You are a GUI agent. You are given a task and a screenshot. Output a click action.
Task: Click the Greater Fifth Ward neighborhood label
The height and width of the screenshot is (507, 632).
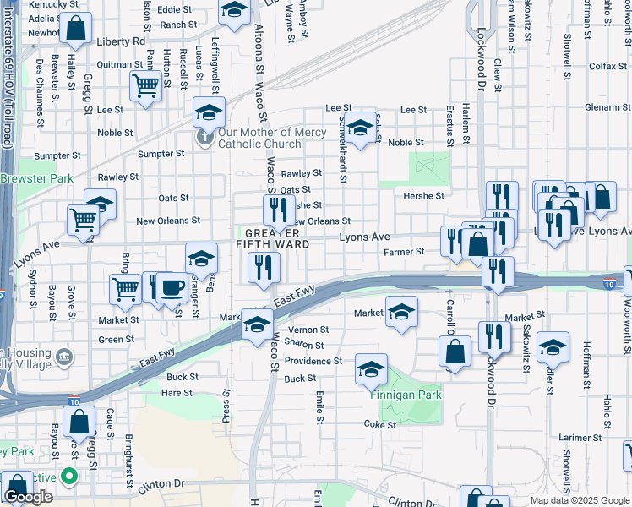[273, 237]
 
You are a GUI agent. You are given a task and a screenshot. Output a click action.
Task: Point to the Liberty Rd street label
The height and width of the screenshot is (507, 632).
[121, 41]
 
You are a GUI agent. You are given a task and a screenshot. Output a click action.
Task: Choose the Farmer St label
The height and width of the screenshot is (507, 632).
[403, 252]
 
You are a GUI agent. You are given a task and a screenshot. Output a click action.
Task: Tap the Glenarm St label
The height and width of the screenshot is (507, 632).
[608, 107]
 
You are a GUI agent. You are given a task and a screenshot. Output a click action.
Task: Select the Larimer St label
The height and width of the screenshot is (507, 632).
[580, 438]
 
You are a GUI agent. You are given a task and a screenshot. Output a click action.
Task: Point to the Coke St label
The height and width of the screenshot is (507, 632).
[379, 425]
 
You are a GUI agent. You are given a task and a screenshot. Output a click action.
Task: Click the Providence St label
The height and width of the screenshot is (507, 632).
[313, 361]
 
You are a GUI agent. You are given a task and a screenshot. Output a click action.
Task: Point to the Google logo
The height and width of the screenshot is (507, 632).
[28, 498]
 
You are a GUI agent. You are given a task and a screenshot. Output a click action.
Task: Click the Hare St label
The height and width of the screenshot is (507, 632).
[177, 393]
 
